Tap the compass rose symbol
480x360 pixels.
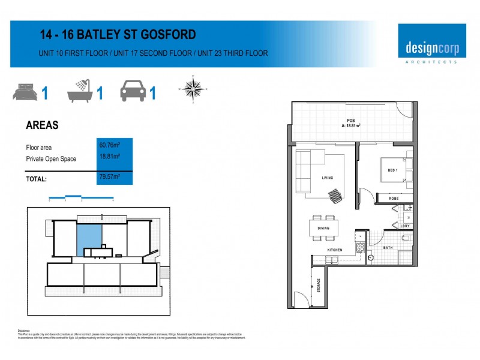tap(192, 89)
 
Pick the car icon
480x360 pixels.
tap(133, 92)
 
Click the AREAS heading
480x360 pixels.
tap(42, 125)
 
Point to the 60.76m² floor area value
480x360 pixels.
tap(109, 145)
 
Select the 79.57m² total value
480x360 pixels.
tap(109, 177)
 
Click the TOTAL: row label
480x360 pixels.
tap(37, 179)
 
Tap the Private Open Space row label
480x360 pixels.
tap(51, 159)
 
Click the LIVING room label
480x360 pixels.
tap(328, 178)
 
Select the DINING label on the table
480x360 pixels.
tap(323, 227)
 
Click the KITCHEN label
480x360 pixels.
tap(335, 250)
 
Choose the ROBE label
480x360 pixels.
tap(394, 198)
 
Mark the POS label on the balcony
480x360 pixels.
tap(351, 120)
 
